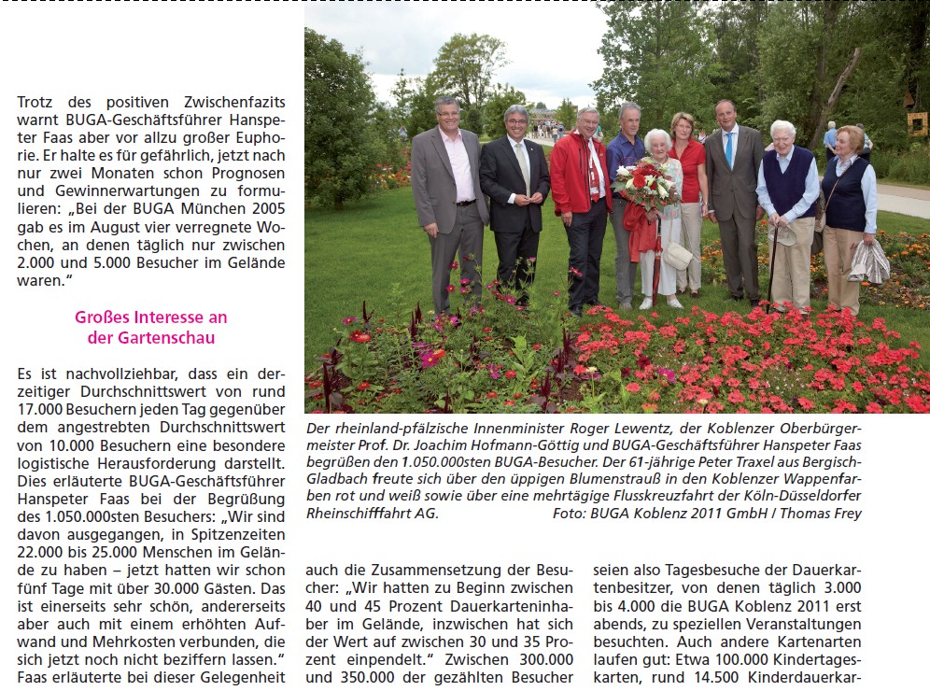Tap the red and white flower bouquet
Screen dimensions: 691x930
tap(647, 184)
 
